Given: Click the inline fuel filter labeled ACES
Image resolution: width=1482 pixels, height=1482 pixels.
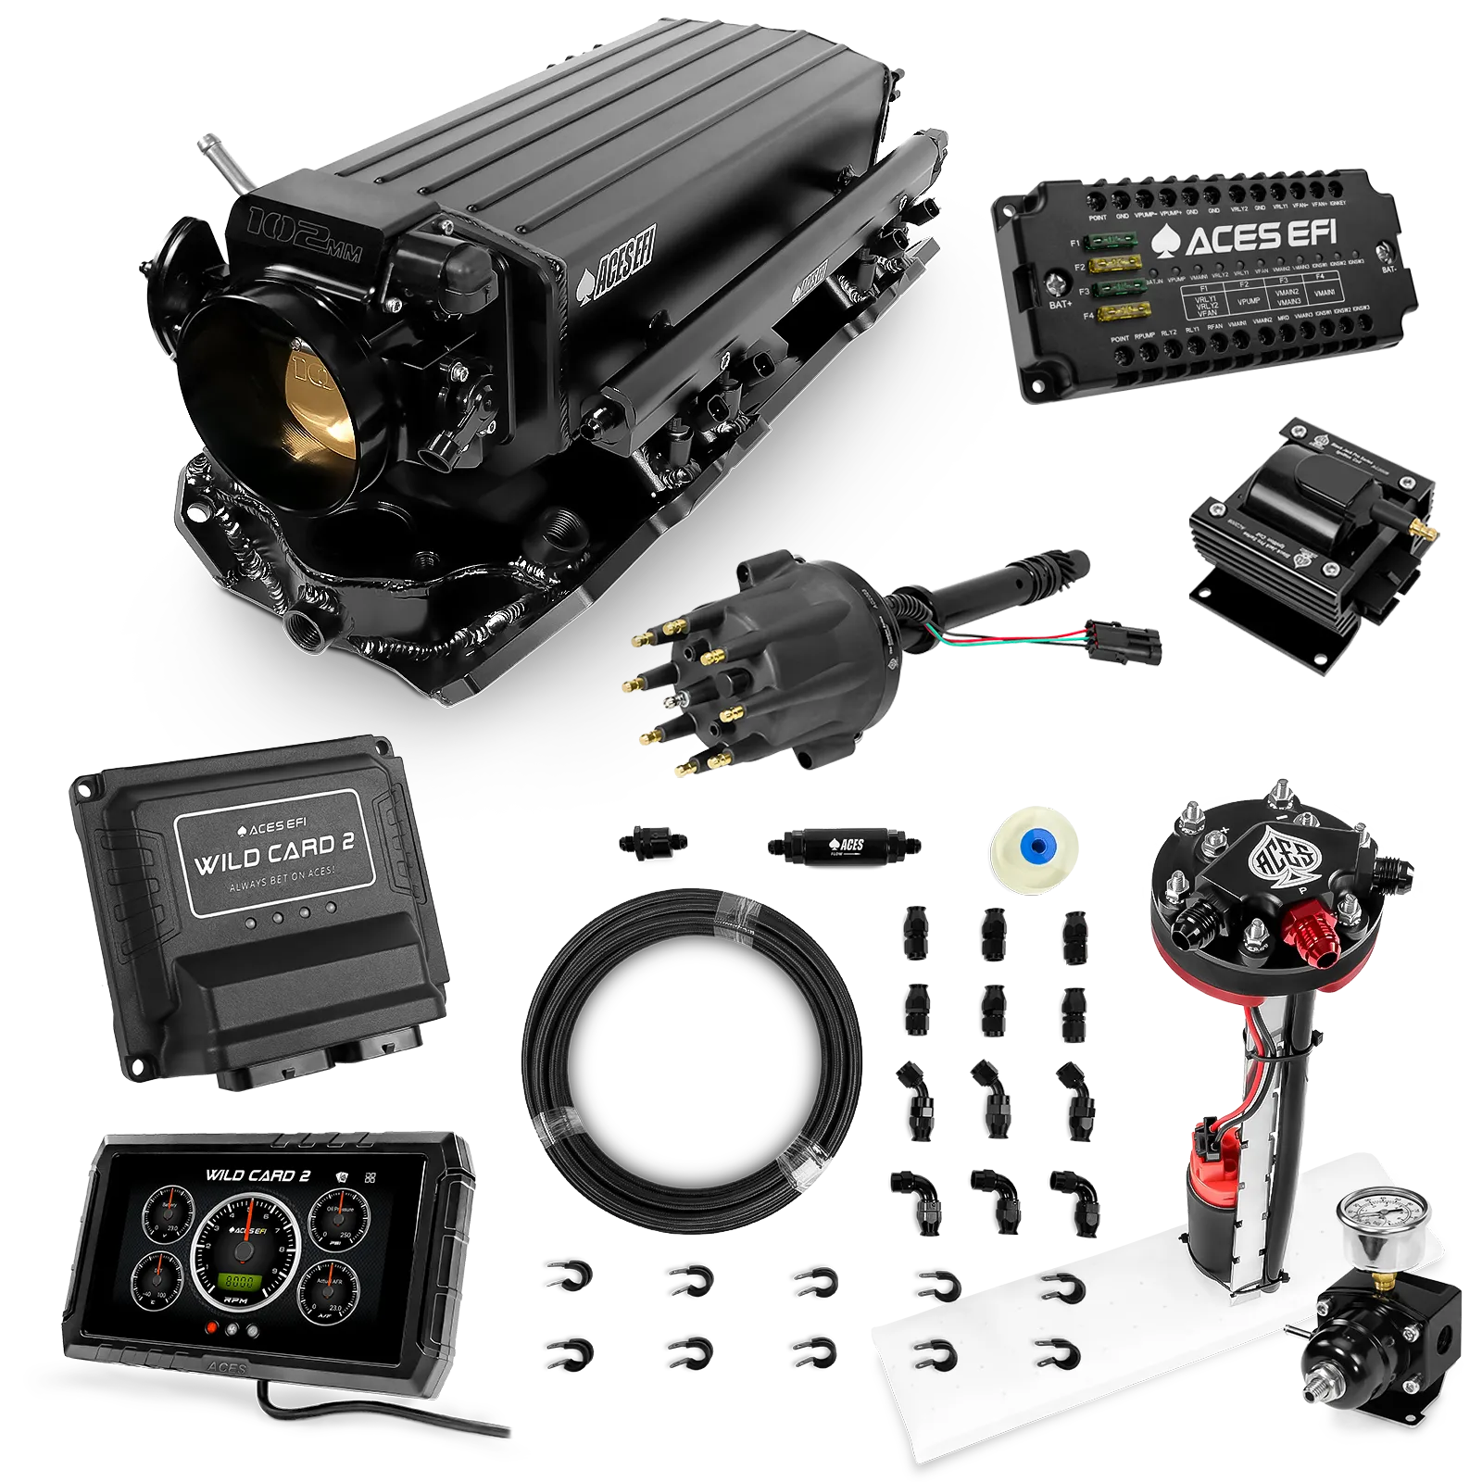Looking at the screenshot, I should pos(842,845).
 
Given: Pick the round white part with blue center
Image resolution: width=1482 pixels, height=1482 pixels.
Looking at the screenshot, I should pos(1035,845).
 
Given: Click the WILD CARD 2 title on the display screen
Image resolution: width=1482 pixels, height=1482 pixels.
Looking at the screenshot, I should pos(257,1174).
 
